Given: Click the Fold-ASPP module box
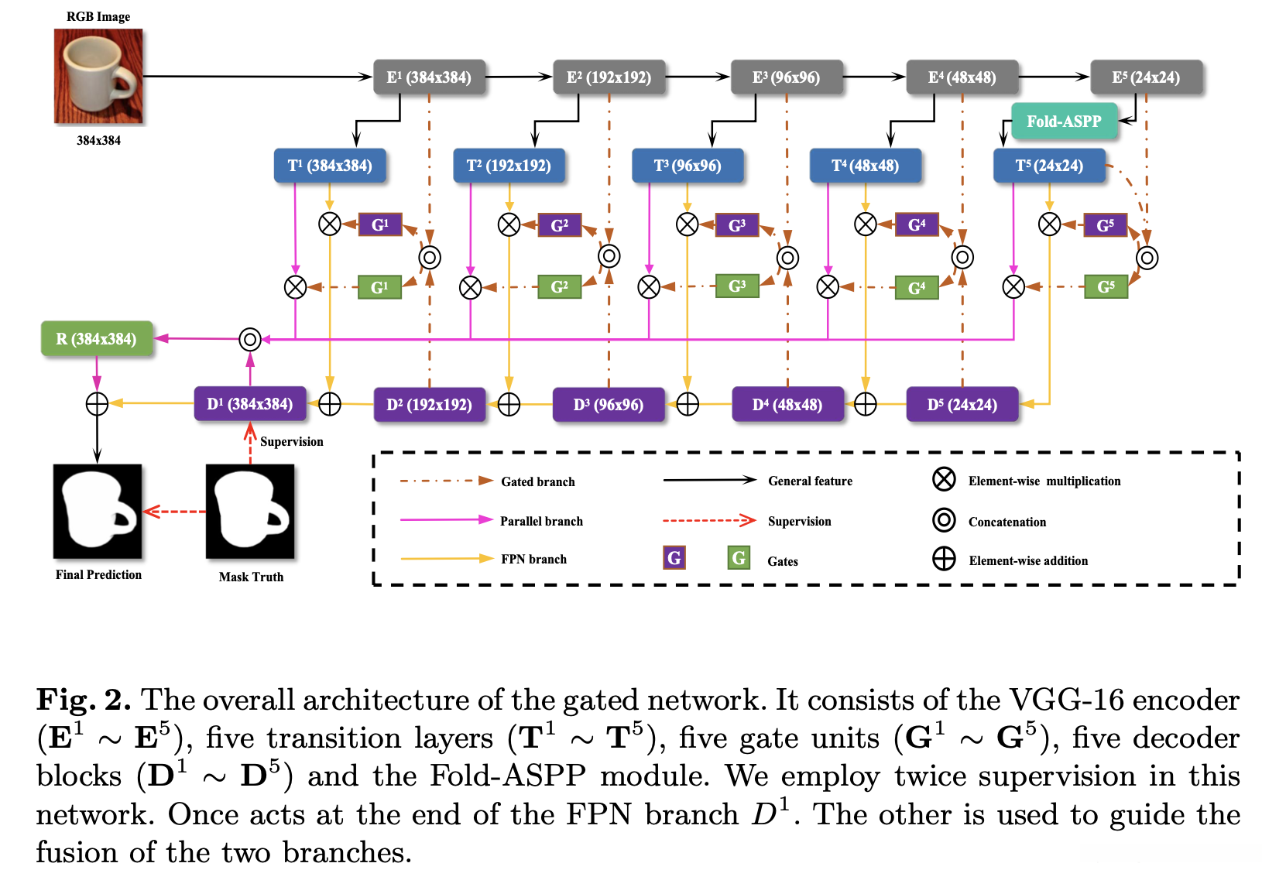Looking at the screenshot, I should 1064,122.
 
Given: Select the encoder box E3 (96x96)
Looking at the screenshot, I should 786,77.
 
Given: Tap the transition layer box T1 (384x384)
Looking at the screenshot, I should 330,166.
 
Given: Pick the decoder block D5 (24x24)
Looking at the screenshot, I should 962,405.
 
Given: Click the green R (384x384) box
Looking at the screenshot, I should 96,339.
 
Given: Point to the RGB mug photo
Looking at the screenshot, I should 98,76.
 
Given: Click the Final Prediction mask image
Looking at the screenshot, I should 98,511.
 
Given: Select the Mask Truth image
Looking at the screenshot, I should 250,511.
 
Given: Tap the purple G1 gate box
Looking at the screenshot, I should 379,225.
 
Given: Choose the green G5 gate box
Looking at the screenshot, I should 1106,287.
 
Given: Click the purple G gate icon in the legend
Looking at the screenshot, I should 674,557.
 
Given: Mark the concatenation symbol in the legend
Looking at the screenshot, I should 944,520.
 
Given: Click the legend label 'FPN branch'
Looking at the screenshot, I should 533,559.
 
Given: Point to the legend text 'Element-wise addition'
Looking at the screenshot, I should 1027,560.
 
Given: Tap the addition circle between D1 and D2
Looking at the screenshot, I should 330,404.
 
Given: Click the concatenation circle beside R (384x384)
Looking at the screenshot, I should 249,339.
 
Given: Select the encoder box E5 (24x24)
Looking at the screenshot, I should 1146,77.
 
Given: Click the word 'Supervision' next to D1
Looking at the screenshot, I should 291,441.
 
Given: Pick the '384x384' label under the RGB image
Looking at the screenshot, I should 98,140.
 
